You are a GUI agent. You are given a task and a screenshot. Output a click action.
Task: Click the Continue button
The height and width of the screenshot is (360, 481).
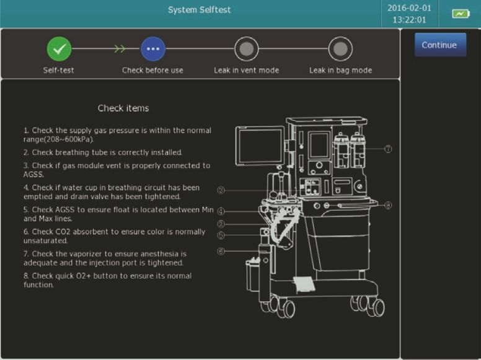point(440,45)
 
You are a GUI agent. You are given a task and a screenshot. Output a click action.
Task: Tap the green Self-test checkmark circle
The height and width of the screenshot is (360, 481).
point(60,49)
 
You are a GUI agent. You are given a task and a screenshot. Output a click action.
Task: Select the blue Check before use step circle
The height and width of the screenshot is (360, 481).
point(152,49)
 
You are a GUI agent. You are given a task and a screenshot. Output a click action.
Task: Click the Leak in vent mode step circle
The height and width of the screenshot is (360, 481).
point(246,49)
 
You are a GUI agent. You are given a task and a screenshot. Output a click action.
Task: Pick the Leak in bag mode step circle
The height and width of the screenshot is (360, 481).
point(340,49)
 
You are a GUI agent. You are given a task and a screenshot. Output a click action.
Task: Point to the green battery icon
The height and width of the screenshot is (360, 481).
point(461,14)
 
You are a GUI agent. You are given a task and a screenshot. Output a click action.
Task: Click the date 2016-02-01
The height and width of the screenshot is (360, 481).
point(409,8)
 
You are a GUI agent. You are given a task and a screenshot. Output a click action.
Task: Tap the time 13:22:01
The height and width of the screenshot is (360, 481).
point(409,20)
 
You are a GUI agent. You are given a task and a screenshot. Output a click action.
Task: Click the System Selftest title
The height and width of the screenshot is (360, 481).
point(200,10)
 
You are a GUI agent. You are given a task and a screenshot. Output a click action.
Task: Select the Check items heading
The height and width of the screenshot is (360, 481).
point(123,108)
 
